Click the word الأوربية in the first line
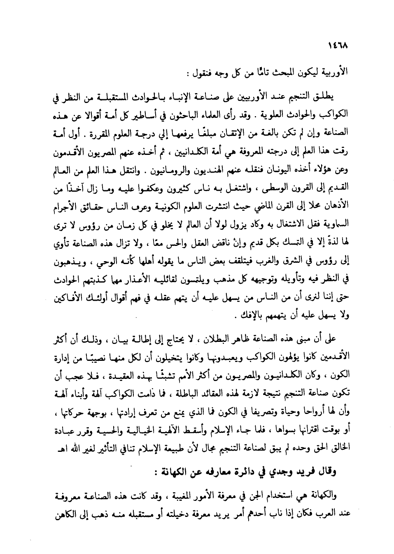point(334,75)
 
